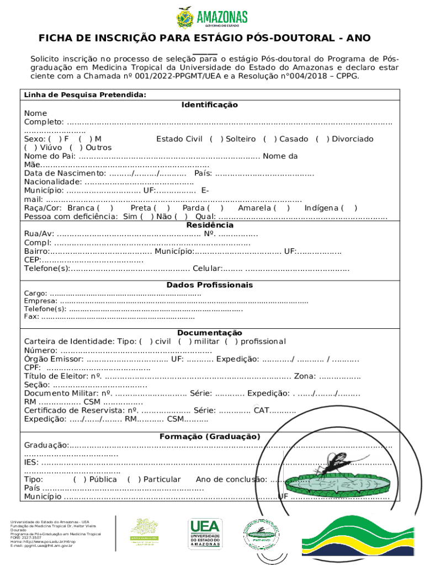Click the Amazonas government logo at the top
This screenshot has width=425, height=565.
212,17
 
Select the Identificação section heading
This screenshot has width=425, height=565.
209,105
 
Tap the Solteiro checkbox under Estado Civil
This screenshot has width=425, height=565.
215,139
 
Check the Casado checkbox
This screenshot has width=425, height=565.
269,139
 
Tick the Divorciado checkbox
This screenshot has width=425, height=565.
321,139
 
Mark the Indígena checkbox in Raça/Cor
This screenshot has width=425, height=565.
349,208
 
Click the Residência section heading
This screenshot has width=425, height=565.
209,225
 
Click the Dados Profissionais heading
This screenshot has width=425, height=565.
209,285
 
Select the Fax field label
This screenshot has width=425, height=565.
31,317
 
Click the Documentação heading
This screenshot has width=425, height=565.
209,333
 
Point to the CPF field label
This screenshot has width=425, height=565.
32,368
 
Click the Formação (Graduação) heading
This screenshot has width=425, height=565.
209,436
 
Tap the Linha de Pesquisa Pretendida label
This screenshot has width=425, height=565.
85,95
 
